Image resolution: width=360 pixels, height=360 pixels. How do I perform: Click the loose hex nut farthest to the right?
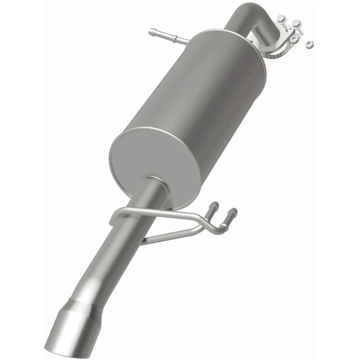[x=309, y=44]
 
